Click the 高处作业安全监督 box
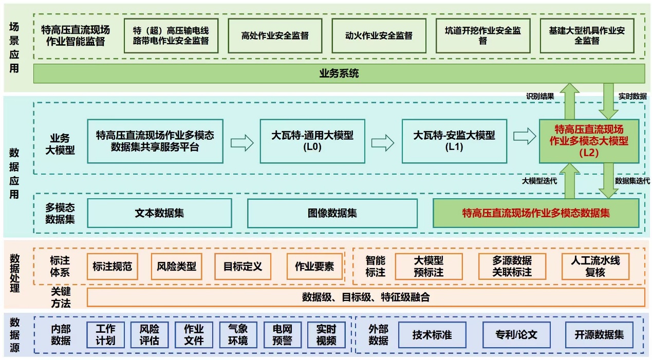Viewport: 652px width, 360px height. [x=275, y=36]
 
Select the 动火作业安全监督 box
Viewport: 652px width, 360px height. [x=379, y=36]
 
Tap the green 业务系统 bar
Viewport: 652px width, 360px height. [x=339, y=73]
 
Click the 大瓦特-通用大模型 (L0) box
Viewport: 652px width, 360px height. [x=312, y=141]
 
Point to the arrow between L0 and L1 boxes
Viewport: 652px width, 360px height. [x=383, y=142]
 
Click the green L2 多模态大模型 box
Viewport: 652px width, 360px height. [x=589, y=141]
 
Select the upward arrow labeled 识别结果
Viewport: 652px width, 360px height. [x=569, y=102]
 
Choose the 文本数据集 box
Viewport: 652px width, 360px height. [x=159, y=213]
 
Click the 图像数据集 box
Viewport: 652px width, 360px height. [x=332, y=213]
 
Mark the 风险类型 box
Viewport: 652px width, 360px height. [x=176, y=267]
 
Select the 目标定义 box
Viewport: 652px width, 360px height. [x=243, y=267]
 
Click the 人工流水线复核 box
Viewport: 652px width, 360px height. [x=595, y=267]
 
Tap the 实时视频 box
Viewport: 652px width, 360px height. [x=326, y=334]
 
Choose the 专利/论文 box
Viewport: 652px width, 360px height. [x=516, y=335]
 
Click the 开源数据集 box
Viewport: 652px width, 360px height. [x=599, y=335]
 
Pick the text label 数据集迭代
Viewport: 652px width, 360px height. [x=632, y=181]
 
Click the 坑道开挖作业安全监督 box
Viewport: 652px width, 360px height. [x=482, y=36]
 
